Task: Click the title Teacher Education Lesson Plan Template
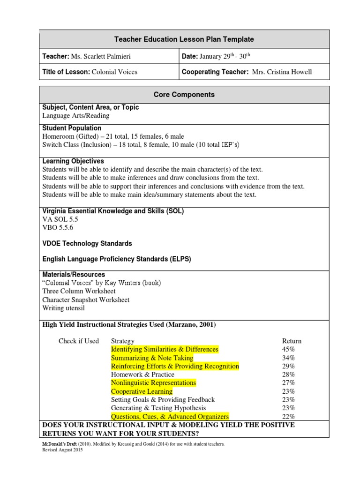pyautogui.click(x=184, y=39)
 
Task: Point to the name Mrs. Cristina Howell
pyautogui.click(x=282, y=72)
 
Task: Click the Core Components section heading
pyautogui.click(x=184, y=95)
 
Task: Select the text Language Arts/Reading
pyautogui.click(x=76, y=116)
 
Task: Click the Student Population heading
pyautogui.click(x=72, y=128)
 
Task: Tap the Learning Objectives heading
pyautogui.click(x=73, y=161)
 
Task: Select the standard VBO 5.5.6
pyautogui.click(x=58, y=227)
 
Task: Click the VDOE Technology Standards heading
pyautogui.click(x=87, y=244)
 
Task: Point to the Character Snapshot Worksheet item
pyautogui.click(x=86, y=300)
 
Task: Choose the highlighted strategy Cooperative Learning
pyautogui.click(x=142, y=391)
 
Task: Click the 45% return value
pyautogui.click(x=288, y=350)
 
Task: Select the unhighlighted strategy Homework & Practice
pyautogui.click(x=142, y=375)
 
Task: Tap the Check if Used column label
pyautogui.click(x=79, y=341)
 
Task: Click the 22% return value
pyautogui.click(x=288, y=417)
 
